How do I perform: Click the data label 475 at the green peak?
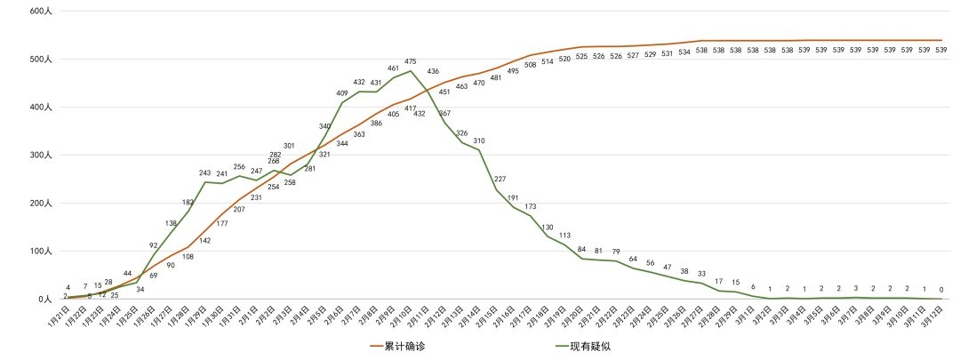[x=411, y=62]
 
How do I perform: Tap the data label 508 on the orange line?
[x=531, y=64]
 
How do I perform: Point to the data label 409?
[x=342, y=93]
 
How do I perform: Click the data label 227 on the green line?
[x=500, y=180]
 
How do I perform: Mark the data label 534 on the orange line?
[x=684, y=52]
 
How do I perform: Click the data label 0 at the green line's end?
[x=941, y=289]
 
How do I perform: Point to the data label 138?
[x=172, y=223]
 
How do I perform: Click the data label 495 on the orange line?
[x=513, y=70]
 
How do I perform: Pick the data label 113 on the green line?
[x=564, y=236]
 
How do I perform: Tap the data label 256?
[x=239, y=167]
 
